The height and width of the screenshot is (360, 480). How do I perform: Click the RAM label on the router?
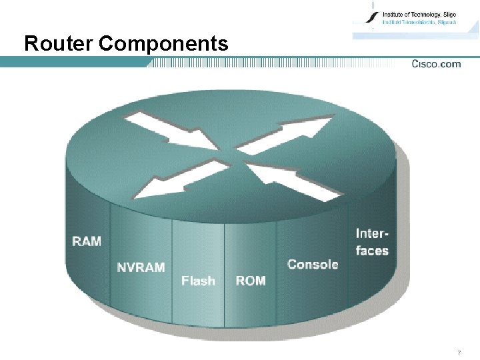point(87,241)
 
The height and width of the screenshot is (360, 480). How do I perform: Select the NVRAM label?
point(141,267)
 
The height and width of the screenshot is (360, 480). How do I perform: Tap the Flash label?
point(198,281)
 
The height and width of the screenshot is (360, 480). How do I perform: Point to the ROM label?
point(251,281)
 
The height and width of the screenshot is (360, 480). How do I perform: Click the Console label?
point(313,264)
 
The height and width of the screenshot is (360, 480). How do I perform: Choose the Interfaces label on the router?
point(372,241)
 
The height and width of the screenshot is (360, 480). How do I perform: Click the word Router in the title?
point(59,44)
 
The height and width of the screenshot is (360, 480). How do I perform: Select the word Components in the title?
point(163,44)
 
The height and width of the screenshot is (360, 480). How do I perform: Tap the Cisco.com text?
point(436,64)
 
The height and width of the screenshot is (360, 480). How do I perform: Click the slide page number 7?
point(459,352)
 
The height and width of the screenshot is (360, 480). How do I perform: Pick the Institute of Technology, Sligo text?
point(419,13)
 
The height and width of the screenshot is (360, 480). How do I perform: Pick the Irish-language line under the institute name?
point(419,22)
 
